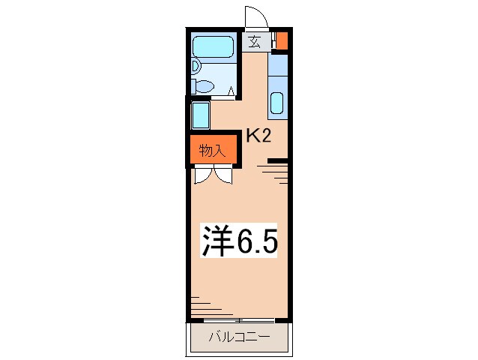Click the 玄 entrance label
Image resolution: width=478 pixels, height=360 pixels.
[255, 42]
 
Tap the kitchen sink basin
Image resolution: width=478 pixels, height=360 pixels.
[276, 103]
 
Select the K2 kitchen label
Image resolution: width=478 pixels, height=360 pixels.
[258, 135]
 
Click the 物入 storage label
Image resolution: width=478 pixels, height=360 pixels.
[212, 150]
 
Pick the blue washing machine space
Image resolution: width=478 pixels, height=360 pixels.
[200, 115]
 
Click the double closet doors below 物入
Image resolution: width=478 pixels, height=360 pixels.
[212, 175]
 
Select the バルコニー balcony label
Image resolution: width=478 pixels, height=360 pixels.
[238, 337]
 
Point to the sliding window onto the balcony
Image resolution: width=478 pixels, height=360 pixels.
[238, 320]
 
